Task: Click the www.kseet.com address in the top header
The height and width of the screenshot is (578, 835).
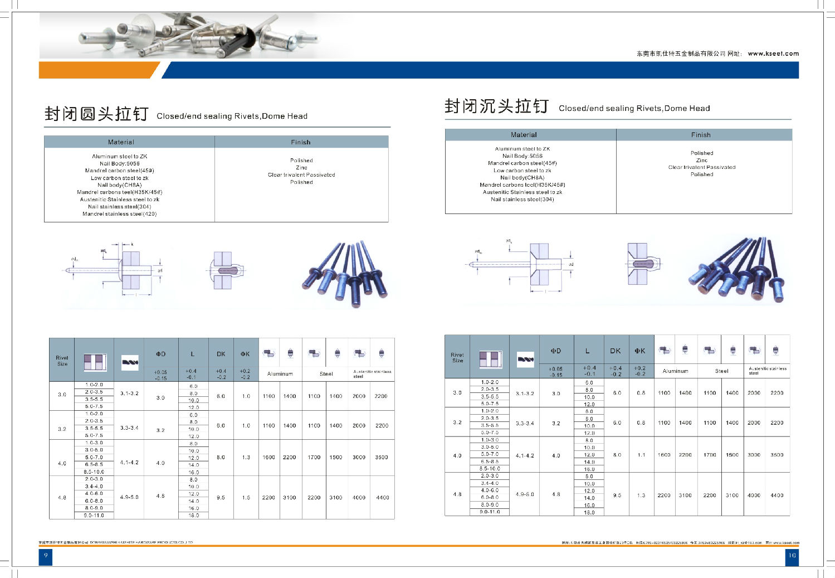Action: (773, 54)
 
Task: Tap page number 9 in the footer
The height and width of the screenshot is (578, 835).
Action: (46, 555)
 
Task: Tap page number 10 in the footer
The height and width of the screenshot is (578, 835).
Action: (792, 555)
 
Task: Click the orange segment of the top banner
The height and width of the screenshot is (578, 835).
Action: (97, 70)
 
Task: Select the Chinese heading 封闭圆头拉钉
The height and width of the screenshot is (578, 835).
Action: (96, 114)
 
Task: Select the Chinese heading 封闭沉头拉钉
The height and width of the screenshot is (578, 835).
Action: (496, 106)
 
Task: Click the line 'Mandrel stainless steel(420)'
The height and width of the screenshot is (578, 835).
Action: (120, 214)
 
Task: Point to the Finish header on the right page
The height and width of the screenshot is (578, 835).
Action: (701, 135)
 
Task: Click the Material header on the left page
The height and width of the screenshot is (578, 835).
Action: (121, 142)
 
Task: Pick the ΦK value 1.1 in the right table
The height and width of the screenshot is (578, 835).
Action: (641, 455)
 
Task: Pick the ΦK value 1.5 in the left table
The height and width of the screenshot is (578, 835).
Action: (246, 497)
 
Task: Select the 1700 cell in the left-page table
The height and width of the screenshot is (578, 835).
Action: (314, 457)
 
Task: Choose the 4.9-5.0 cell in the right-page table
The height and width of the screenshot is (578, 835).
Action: (525, 494)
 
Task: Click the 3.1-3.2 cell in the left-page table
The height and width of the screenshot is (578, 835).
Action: (129, 393)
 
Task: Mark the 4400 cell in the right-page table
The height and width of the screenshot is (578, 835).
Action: (777, 495)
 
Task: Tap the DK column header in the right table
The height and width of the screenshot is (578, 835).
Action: (616, 351)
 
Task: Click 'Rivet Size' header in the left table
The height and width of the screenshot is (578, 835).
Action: (62, 361)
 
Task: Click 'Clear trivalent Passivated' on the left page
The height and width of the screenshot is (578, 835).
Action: (301, 174)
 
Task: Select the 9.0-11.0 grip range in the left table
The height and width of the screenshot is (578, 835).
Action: (94, 516)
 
